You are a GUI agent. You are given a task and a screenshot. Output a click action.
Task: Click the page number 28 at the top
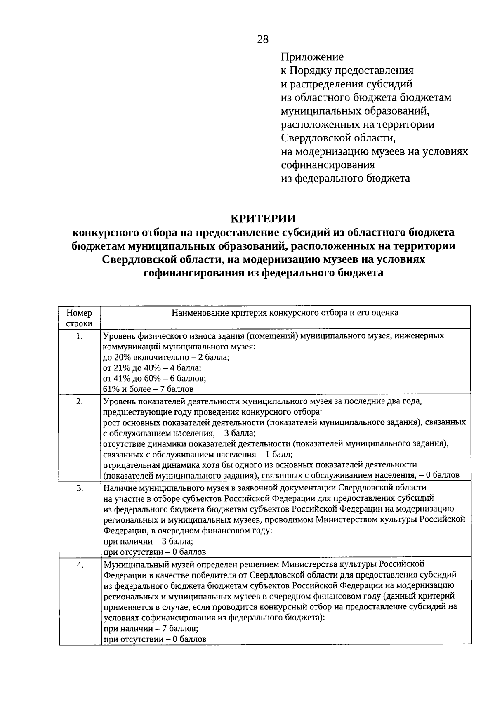point(263,39)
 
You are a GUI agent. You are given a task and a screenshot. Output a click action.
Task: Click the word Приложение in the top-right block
point(312,57)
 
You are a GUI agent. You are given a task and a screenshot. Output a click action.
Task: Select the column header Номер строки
point(79,318)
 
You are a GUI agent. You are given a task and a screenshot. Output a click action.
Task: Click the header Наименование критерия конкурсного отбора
point(285,313)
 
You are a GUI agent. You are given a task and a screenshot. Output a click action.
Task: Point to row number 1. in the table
point(79,336)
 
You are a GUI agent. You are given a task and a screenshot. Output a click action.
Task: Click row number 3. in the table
point(79,488)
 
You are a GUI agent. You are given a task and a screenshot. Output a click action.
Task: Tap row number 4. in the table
point(79,565)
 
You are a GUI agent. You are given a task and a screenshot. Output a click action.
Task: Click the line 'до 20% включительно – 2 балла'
point(166,357)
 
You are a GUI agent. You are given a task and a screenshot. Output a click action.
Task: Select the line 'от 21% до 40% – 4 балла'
point(152,368)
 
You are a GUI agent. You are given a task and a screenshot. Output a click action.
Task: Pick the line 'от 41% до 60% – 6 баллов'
point(154,378)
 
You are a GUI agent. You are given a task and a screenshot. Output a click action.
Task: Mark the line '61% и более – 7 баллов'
point(148,389)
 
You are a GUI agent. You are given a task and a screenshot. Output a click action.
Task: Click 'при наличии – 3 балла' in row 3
point(148,541)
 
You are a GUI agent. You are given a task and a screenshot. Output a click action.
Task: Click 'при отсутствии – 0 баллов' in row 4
point(155,639)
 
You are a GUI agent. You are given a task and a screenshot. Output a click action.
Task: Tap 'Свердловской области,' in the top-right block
point(341,138)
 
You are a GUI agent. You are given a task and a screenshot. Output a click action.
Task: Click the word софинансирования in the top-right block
point(328,165)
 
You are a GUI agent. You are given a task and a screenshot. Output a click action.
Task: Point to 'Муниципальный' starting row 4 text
point(133,564)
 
